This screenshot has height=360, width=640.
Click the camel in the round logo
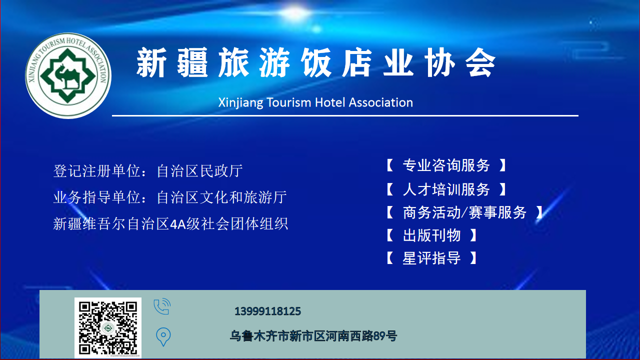tap(67, 77)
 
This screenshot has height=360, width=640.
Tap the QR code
tap(108, 328)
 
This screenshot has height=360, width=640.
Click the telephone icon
tap(162, 307)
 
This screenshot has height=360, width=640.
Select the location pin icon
tap(163, 337)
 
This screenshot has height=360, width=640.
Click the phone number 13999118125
tap(268, 311)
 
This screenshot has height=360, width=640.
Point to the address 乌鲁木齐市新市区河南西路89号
tap(313, 336)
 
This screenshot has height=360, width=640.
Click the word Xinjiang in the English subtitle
tap(241, 102)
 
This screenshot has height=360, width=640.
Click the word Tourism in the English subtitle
tap(289, 102)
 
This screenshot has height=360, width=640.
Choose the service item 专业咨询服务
tap(446, 165)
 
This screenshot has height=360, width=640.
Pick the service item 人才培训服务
tap(446, 189)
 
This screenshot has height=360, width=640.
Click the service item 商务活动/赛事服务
tap(464, 213)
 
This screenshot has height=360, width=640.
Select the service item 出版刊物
tap(432, 236)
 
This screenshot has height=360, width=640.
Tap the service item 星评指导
tap(432, 258)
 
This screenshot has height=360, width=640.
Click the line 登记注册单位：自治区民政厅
tap(148, 171)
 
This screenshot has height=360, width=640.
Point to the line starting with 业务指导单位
tap(170, 198)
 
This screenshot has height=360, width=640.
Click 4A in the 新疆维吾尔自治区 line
tap(178, 224)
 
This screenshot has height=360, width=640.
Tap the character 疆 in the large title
tap(193, 62)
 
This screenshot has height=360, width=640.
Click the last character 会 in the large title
tap(480, 62)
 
